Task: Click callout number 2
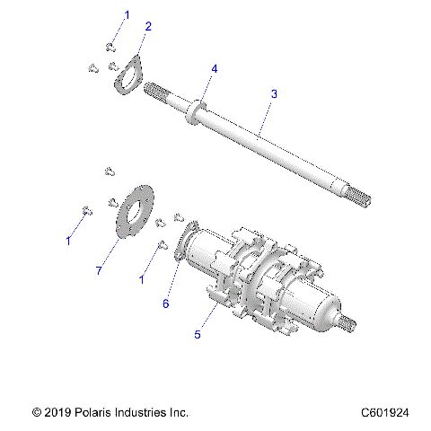pos(147,26)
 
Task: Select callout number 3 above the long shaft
pos(274,93)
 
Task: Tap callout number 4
pos(214,68)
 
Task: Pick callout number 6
pos(165,303)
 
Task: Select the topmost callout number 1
pos(127,14)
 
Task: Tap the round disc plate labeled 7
pos(136,212)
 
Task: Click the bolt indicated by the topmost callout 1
pos(110,47)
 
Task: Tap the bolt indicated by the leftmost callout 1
pos(85,211)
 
